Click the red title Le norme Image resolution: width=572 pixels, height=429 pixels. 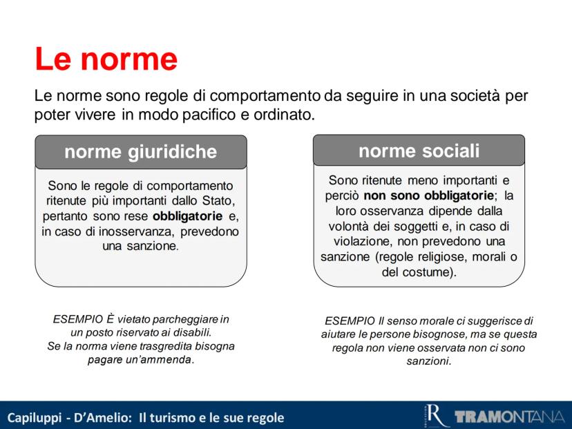tap(106, 59)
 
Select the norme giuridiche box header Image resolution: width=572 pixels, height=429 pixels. tap(141, 152)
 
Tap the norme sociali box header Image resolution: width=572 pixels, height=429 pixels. tap(419, 151)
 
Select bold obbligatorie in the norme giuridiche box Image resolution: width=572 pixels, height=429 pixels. tap(187, 216)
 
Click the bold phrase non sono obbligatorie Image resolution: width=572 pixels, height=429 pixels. tap(428, 196)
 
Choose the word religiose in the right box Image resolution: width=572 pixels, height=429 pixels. tap(441, 257)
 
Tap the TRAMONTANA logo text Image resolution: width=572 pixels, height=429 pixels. tap(509, 417)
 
